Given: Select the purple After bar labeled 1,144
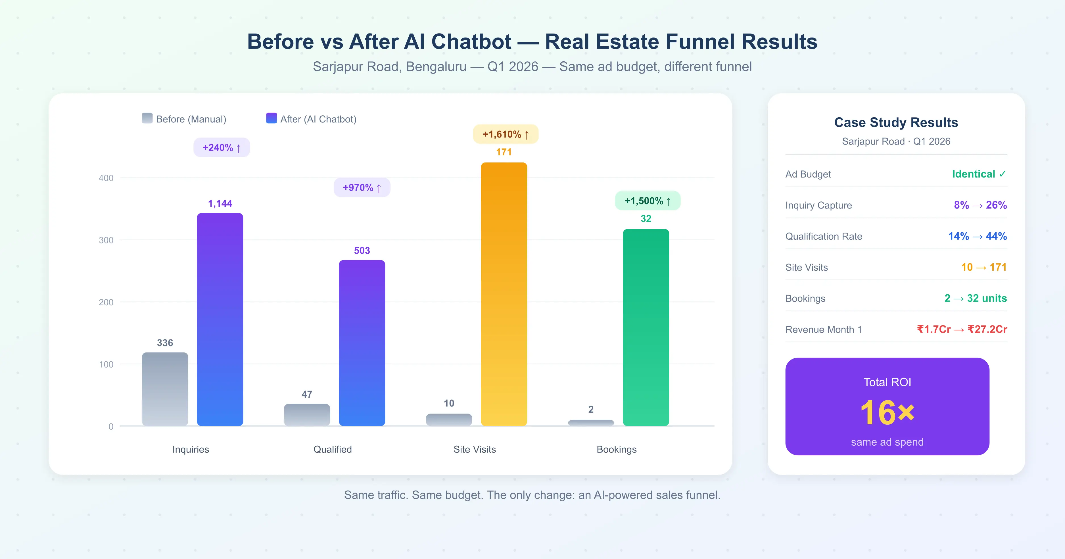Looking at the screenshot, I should click(220, 319).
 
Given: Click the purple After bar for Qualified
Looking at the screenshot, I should click(362, 343).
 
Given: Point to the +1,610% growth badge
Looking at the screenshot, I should click(505, 134).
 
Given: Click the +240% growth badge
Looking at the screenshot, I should click(222, 148).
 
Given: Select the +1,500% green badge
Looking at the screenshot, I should click(648, 201).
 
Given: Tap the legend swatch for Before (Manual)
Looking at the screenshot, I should click(147, 118).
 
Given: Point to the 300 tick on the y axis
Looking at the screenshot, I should click(106, 240).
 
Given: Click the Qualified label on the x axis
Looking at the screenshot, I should click(332, 449).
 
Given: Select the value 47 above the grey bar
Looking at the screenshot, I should click(307, 395).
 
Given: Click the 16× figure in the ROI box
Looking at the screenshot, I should click(887, 413).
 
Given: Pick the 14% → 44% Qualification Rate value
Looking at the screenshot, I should click(977, 236).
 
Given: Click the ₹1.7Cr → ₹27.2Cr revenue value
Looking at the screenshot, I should click(962, 329).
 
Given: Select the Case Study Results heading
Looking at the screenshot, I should click(896, 122).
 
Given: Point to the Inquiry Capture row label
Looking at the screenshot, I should click(818, 205).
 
